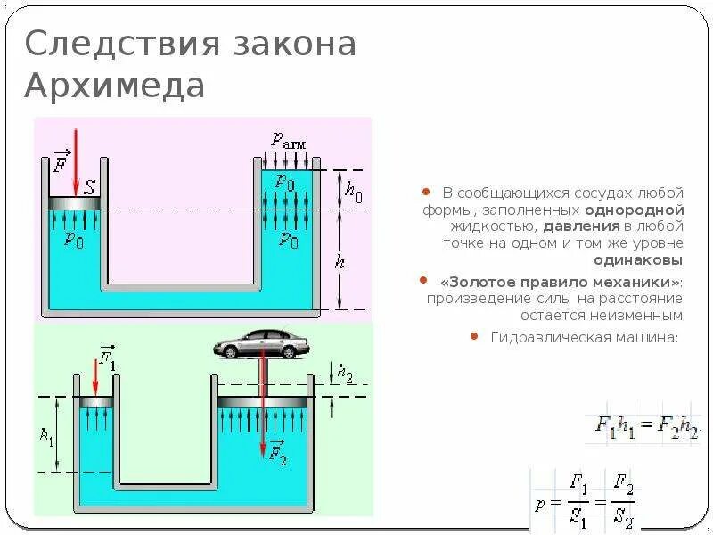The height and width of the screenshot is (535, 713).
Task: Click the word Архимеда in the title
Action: (x=115, y=86)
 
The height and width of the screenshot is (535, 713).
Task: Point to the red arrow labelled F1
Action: (x=95, y=374)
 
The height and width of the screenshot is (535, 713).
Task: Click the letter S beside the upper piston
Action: (x=90, y=188)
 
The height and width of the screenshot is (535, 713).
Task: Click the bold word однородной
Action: (x=634, y=210)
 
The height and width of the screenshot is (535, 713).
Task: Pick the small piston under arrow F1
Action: (x=95, y=402)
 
